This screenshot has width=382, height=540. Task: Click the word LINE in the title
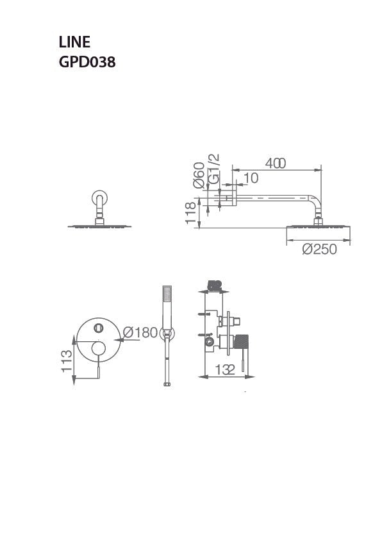[x=74, y=43]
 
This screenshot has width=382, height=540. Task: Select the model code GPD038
[x=87, y=63]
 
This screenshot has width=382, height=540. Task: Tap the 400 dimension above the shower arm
[x=275, y=164]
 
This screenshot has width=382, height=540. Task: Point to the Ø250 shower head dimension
[x=319, y=249]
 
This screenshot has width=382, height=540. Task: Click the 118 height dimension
[x=190, y=213]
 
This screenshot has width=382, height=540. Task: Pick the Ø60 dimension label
[x=199, y=174]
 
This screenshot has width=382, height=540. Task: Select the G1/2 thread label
[x=215, y=169]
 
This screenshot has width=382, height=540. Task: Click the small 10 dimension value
[x=251, y=178]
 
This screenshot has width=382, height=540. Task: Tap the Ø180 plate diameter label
[x=140, y=332]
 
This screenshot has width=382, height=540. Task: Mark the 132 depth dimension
[x=225, y=369]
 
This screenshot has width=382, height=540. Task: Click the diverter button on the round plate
[x=98, y=328]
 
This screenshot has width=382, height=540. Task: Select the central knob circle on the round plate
[x=98, y=349]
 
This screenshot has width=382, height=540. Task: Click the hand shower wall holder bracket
[x=167, y=333]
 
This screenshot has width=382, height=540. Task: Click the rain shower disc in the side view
[x=317, y=226]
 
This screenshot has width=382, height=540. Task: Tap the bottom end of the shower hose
[x=167, y=384]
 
